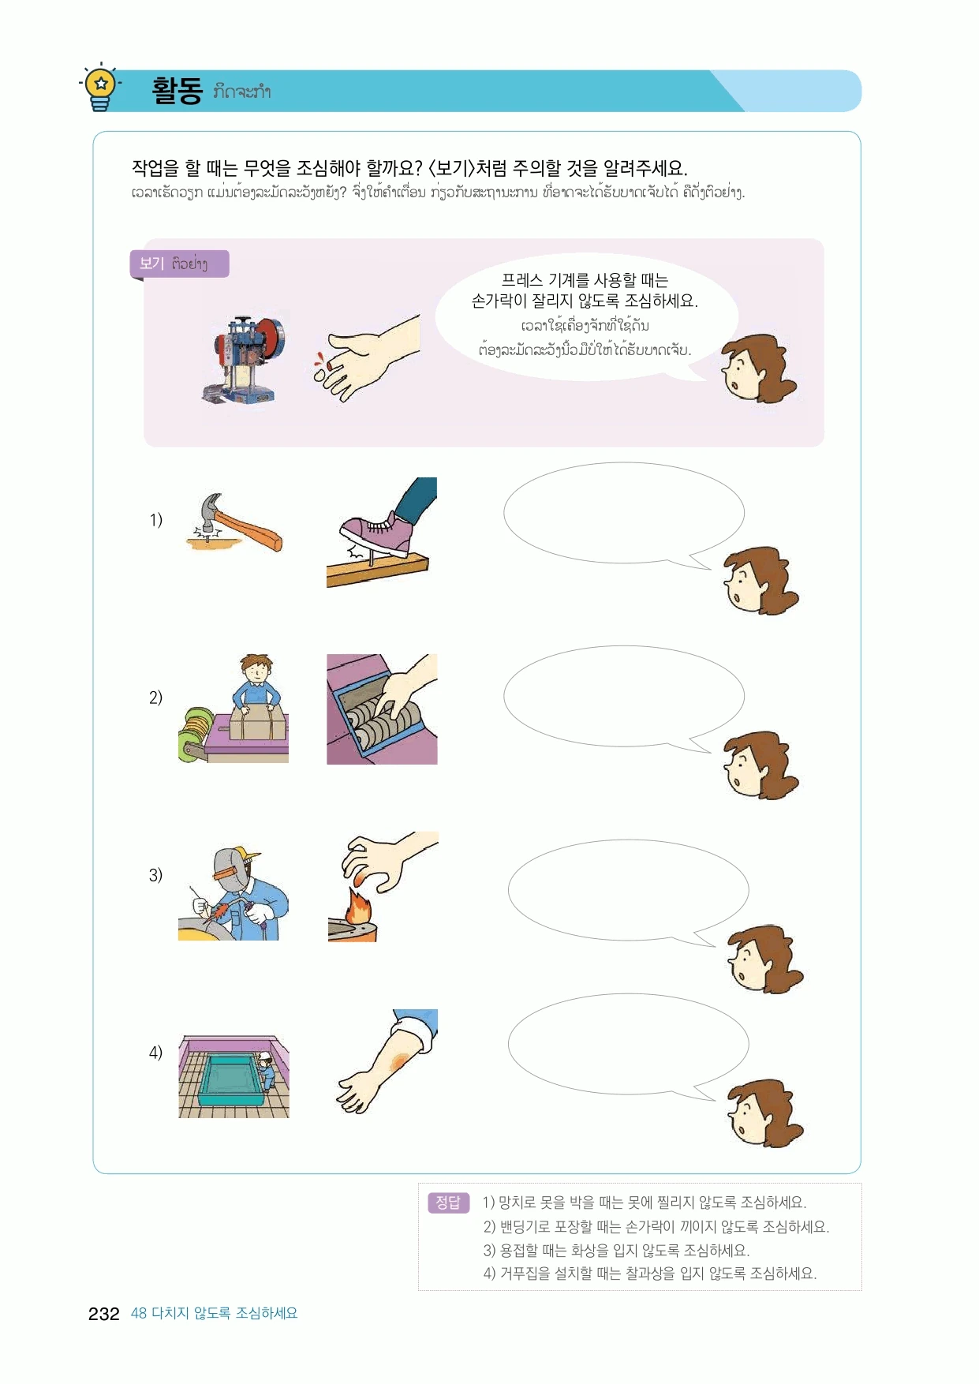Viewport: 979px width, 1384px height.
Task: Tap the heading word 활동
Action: (x=177, y=91)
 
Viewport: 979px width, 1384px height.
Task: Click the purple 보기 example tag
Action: (x=179, y=264)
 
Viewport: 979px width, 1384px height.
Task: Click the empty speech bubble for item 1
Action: (x=623, y=514)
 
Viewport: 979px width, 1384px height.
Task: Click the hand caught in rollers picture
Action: (x=382, y=709)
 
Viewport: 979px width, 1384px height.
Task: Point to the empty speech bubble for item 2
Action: (x=623, y=698)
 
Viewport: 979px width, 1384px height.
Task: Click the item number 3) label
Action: (x=155, y=874)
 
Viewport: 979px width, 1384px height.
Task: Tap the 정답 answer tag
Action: (x=448, y=1203)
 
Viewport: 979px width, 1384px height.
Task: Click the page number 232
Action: (x=103, y=1314)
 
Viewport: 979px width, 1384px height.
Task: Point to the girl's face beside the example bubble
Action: (x=759, y=369)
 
